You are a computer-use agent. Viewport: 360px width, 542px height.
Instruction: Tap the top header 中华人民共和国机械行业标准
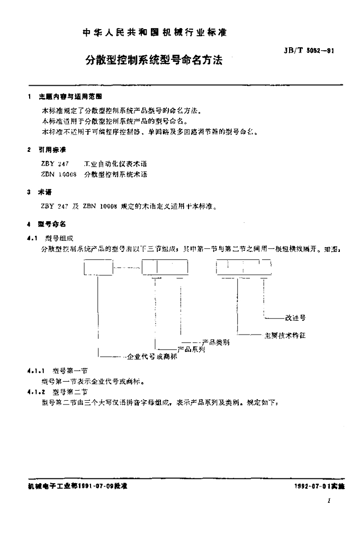[x=155, y=33]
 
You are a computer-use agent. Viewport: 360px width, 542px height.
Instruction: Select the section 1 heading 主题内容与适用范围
[x=69, y=97]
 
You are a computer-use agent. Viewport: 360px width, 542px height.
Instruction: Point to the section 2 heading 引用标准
[x=52, y=150]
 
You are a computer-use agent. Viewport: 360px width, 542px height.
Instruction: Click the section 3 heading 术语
[x=47, y=193]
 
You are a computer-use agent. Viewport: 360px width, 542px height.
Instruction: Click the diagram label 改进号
[x=295, y=318]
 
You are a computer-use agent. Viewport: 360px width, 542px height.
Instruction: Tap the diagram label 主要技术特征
[x=285, y=336]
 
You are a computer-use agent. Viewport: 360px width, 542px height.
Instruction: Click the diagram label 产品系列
[x=191, y=349]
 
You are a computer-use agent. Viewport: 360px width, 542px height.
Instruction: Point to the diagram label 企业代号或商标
[x=151, y=357]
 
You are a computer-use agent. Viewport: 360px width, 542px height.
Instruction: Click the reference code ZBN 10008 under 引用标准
[x=54, y=174]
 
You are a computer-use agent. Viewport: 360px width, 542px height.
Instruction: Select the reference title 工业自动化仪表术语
[x=112, y=165]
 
